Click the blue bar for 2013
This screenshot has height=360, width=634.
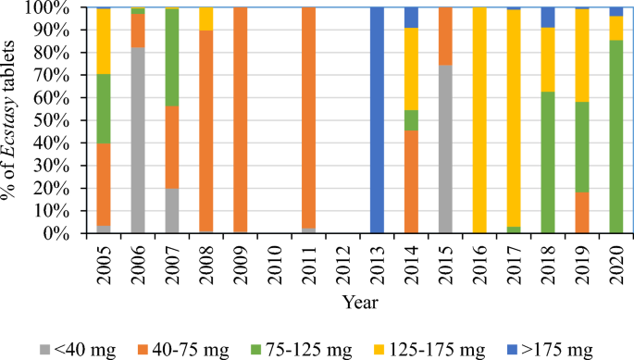(377, 120)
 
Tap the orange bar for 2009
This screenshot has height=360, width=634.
(240, 120)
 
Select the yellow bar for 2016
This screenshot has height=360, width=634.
(479, 120)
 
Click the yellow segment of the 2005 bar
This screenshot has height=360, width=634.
(103, 42)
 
